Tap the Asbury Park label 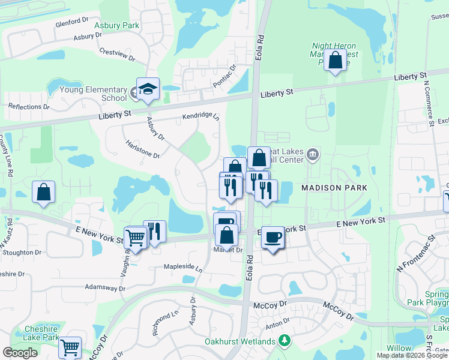117,25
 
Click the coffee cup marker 273,238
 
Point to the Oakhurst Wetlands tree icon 285,341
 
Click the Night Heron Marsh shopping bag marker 336,61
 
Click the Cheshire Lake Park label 41,333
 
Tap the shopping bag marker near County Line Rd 44,193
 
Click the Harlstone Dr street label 142,150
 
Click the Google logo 20,353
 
